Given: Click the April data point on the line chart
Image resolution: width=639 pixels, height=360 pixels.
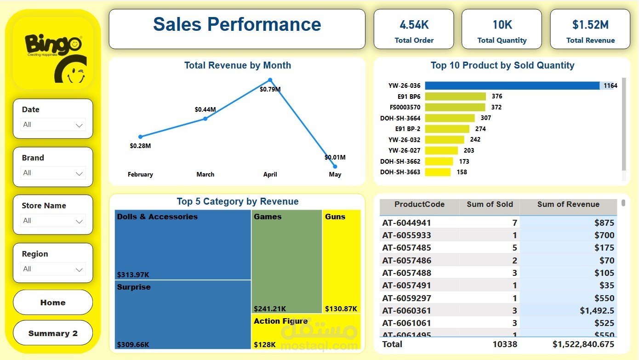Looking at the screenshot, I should [270, 80].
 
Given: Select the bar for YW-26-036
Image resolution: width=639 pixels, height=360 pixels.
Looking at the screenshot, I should [512, 86].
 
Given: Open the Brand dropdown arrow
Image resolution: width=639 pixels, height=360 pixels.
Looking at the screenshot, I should [79, 173].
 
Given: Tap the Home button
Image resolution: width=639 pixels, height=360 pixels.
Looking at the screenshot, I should [53, 303].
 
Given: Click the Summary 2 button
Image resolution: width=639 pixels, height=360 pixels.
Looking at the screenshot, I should [53, 333].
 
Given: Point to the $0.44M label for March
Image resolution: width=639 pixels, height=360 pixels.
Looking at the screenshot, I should [205, 109].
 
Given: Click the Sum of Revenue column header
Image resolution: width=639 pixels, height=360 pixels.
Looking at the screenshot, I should [568, 205].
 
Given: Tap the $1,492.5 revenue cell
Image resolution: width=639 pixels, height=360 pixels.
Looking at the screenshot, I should [597, 310].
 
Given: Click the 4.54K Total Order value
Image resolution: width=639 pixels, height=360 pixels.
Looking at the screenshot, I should [414, 25].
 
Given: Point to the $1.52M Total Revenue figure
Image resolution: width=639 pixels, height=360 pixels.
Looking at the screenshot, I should [590, 25].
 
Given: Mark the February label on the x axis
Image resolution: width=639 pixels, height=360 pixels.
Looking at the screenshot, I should [140, 175].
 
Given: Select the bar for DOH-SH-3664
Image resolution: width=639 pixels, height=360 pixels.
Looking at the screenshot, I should [450, 118].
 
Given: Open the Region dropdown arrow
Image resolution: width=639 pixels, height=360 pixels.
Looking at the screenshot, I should [79, 269].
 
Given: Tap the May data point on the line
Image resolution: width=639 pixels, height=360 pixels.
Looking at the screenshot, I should [335, 166].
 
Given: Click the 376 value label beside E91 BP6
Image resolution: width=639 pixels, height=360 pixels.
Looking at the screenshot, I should [497, 97].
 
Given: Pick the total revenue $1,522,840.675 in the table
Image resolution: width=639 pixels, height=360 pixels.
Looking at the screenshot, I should [583, 344].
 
